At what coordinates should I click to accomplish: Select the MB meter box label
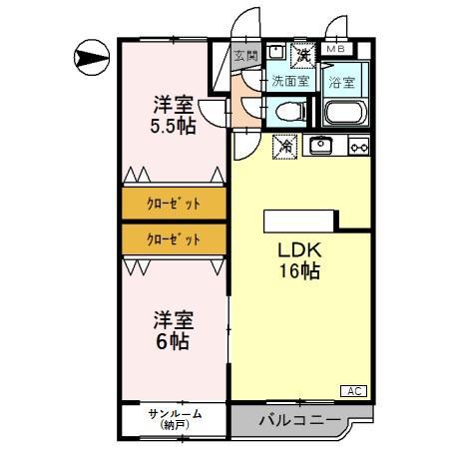335,48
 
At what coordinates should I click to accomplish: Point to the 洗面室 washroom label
290,80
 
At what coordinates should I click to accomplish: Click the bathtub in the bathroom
347,111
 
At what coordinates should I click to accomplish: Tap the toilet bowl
289,110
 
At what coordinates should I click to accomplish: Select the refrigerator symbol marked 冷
283,146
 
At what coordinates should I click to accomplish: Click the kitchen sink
321,146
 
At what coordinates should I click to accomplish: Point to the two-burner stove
357,147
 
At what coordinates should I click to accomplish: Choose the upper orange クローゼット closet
174,204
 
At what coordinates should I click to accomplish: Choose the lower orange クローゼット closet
174,239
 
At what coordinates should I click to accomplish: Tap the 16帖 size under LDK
298,271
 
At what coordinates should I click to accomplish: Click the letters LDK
298,250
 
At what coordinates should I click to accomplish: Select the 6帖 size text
173,341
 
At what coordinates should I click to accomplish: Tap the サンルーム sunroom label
175,413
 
